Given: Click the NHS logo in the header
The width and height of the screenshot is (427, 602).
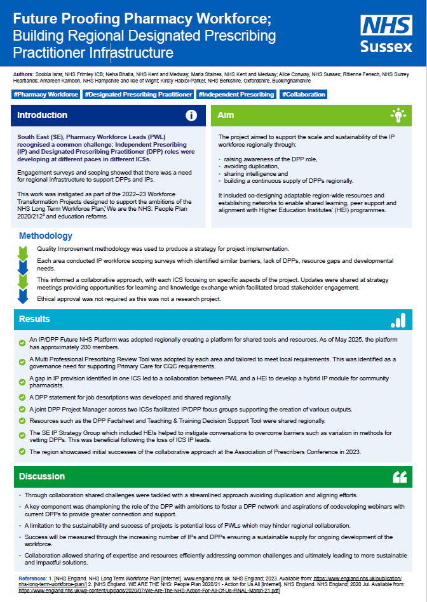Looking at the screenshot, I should (386, 26).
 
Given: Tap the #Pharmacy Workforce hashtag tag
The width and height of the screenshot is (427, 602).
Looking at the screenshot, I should (46, 95).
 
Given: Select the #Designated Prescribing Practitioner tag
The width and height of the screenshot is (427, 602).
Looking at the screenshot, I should (139, 95).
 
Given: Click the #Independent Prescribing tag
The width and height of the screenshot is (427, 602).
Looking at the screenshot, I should (236, 95).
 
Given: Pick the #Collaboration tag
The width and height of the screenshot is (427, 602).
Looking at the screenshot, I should (303, 95).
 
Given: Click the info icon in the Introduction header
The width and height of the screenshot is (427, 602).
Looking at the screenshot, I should (191, 116).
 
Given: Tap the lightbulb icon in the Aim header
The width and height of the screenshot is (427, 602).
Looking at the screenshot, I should (398, 116).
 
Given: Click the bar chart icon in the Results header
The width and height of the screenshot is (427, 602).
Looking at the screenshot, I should (398, 319).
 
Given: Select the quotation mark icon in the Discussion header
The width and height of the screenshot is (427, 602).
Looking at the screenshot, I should (399, 476).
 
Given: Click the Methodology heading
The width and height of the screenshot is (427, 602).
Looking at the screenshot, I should (46, 236).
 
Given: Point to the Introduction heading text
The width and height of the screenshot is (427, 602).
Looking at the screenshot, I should (42, 116).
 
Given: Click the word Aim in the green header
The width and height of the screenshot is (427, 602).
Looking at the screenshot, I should (226, 116).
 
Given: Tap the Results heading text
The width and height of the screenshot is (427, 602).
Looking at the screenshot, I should (34, 319).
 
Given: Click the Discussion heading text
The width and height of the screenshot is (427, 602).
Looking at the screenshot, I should (41, 476).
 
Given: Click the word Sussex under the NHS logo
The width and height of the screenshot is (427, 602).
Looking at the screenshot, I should (386, 46).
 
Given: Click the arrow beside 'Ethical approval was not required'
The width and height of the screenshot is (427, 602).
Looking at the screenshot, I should (23, 296).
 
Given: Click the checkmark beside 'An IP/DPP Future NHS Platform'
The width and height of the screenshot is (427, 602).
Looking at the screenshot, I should (23, 342).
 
